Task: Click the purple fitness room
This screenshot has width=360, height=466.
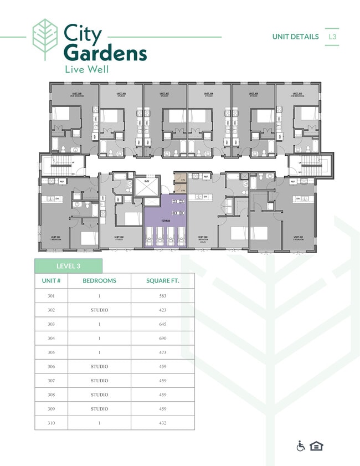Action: [x=164, y=221]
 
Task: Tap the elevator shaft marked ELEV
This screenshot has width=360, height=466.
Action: [x=147, y=186]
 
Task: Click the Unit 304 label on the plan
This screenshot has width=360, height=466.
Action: [x=298, y=237]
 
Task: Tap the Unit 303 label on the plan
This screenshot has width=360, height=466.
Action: [x=203, y=237]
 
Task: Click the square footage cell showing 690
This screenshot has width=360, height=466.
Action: [x=163, y=338]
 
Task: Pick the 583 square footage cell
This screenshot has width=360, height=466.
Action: [x=163, y=296]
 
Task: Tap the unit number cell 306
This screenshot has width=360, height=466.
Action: [x=51, y=366]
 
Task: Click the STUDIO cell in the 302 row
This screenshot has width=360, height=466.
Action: [x=99, y=310]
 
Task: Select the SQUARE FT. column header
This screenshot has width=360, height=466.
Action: [x=163, y=281]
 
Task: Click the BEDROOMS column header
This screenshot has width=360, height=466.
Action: [x=99, y=281]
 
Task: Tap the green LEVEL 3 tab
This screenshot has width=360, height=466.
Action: [x=68, y=266]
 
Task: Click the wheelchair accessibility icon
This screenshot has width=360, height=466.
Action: [x=301, y=447]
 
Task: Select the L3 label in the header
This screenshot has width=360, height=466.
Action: [x=332, y=37]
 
